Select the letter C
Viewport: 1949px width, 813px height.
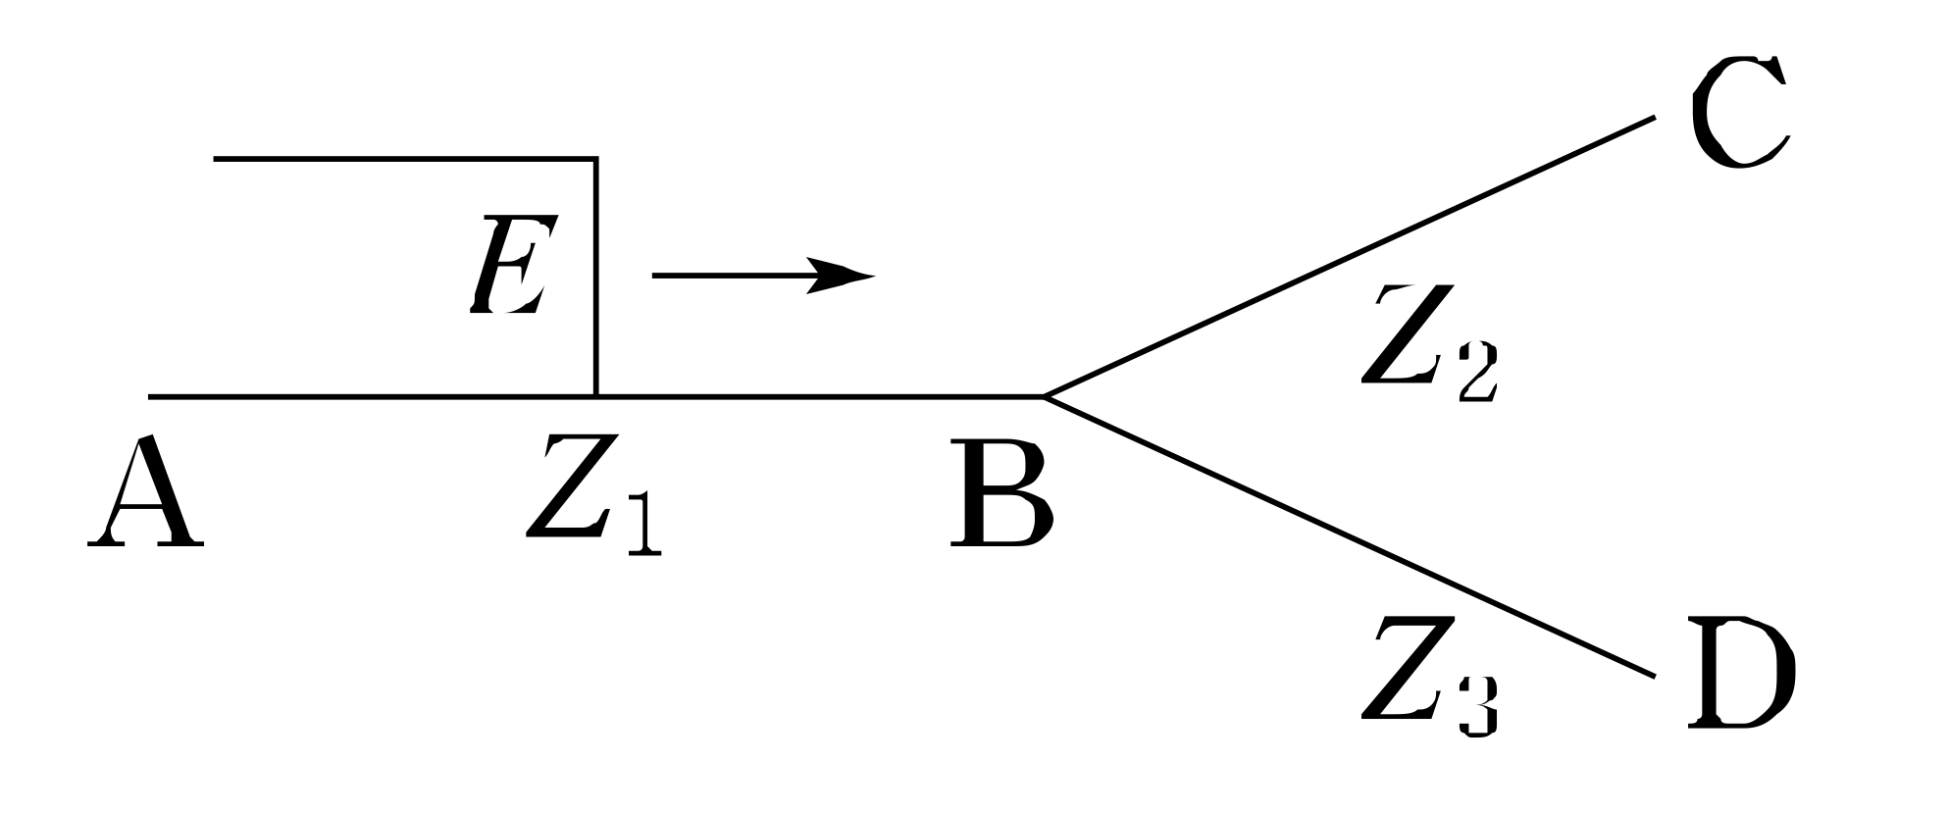(x=1739, y=113)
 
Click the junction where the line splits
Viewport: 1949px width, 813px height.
(x=1046, y=397)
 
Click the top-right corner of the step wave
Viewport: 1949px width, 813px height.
(x=595, y=158)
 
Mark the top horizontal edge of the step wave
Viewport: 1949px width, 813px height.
(x=402, y=158)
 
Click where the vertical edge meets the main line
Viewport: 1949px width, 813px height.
(x=595, y=397)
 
